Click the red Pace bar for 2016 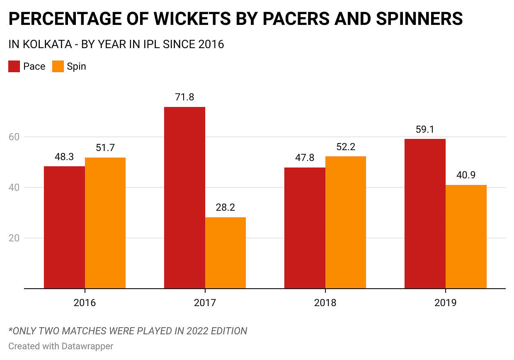click(64, 227)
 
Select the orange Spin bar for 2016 click(105, 223)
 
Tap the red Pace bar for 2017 click(184, 197)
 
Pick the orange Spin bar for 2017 click(225, 253)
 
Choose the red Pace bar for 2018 click(305, 228)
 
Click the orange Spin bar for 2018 click(346, 222)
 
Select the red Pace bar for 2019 click(425, 214)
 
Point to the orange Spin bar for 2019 click(466, 236)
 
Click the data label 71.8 click(184, 97)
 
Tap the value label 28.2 click(225, 207)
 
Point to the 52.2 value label click(346, 147)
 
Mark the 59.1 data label click(425, 129)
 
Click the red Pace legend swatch click(14, 66)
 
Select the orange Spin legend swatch click(58, 66)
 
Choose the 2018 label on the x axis click(325, 303)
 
